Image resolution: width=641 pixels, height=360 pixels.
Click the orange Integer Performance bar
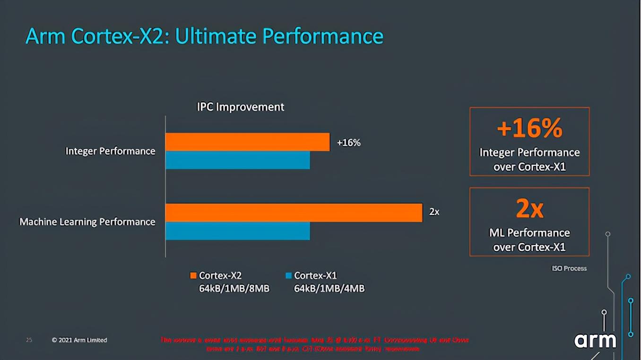tap(247, 142)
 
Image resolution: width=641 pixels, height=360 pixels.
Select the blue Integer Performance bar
tap(237, 160)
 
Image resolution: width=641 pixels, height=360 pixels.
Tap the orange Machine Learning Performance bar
tap(294, 213)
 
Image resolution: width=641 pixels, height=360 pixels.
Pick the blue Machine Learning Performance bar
tap(237, 231)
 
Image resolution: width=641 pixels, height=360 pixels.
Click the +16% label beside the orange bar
tap(348, 143)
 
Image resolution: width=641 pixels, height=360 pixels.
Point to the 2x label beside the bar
tap(434, 212)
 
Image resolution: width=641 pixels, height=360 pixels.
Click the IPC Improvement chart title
tap(240, 107)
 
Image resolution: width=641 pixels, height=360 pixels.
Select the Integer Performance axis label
tap(110, 151)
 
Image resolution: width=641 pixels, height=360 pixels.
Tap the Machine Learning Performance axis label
tap(87, 222)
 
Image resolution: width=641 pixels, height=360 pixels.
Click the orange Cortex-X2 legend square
tap(193, 275)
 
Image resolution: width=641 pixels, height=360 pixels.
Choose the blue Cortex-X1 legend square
tap(288, 275)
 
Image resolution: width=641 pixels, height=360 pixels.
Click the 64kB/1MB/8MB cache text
tap(234, 288)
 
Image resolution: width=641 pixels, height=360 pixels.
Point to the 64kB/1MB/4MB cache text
tap(329, 288)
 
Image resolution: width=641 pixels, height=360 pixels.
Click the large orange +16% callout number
tap(529, 128)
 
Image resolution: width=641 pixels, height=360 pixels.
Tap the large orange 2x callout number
tap(529, 208)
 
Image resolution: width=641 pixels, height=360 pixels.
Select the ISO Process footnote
tap(569, 268)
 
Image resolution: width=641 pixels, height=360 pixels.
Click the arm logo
tap(595, 340)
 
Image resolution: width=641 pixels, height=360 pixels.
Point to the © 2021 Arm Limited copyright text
tap(79, 340)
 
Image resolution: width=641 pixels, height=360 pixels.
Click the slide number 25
tap(29, 340)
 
